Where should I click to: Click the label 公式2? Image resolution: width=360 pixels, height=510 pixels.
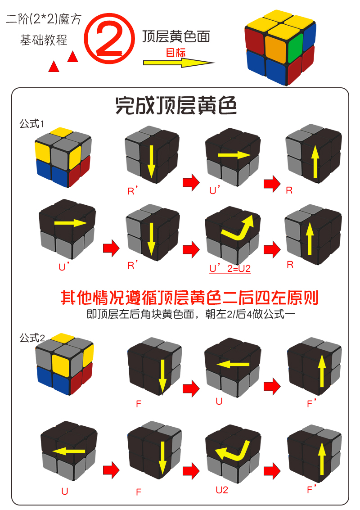pyautogui.click(x=31, y=338)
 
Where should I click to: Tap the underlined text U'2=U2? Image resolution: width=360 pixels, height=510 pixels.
pyautogui.click(x=229, y=269)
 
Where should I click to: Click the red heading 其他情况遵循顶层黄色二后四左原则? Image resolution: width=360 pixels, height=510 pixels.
pyautogui.click(x=189, y=298)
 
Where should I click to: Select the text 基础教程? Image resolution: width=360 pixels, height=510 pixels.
pyautogui.click(x=44, y=40)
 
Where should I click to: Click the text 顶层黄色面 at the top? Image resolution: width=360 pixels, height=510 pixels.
pyautogui.click(x=176, y=36)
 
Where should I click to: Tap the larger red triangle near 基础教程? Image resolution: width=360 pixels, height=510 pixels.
pyautogui.click(x=73, y=57)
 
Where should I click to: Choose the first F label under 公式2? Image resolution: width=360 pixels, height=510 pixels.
pyautogui.click(x=139, y=404)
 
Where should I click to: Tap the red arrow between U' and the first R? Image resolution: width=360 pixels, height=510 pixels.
pyautogui.click(x=272, y=183)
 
